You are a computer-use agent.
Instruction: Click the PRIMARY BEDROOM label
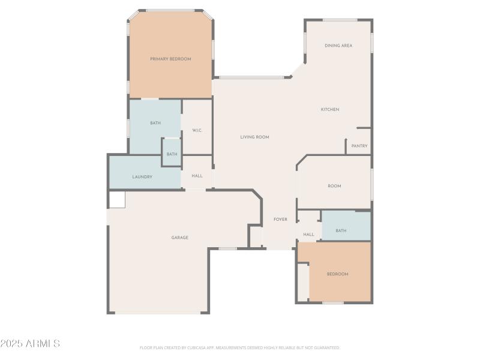click(170, 59)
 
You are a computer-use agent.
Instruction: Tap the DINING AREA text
click(338, 46)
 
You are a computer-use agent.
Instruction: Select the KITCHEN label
click(330, 109)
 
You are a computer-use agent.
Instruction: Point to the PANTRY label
click(359, 146)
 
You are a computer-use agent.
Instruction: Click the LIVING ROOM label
click(254, 137)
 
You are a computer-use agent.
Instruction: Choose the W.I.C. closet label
click(197, 130)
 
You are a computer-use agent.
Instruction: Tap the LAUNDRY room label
click(142, 177)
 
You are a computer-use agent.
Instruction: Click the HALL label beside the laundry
click(197, 176)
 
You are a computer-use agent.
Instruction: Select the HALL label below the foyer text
click(308, 235)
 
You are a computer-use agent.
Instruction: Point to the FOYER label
click(280, 220)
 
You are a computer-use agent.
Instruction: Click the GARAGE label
click(180, 238)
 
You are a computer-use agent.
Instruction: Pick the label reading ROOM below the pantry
click(334, 186)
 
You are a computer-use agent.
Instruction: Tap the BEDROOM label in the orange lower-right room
click(337, 274)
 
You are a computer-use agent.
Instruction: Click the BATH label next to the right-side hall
click(341, 230)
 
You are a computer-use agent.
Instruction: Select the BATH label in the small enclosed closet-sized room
click(172, 154)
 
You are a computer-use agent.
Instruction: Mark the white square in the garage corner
click(117, 200)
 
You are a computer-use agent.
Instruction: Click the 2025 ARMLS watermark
click(30, 344)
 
